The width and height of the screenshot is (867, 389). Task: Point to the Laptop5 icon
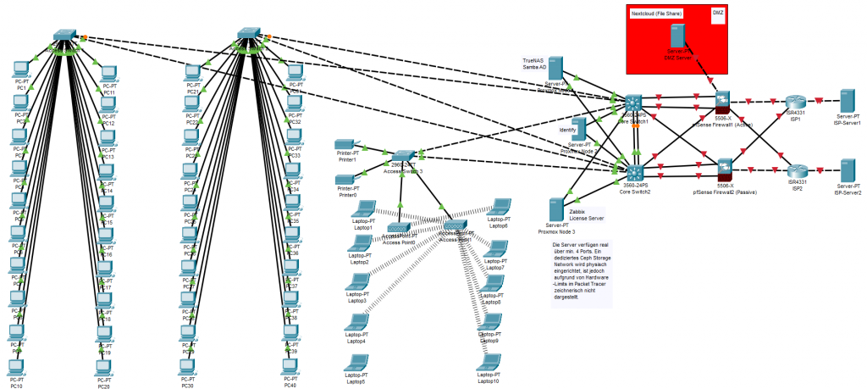point(356,362)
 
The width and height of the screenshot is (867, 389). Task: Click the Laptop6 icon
point(499,208)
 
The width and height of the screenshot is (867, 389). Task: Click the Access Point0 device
point(399,228)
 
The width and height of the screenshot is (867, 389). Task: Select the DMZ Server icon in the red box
point(676,36)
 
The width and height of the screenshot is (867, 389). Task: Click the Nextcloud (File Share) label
point(658,14)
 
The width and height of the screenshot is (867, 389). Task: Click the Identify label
point(567,130)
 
